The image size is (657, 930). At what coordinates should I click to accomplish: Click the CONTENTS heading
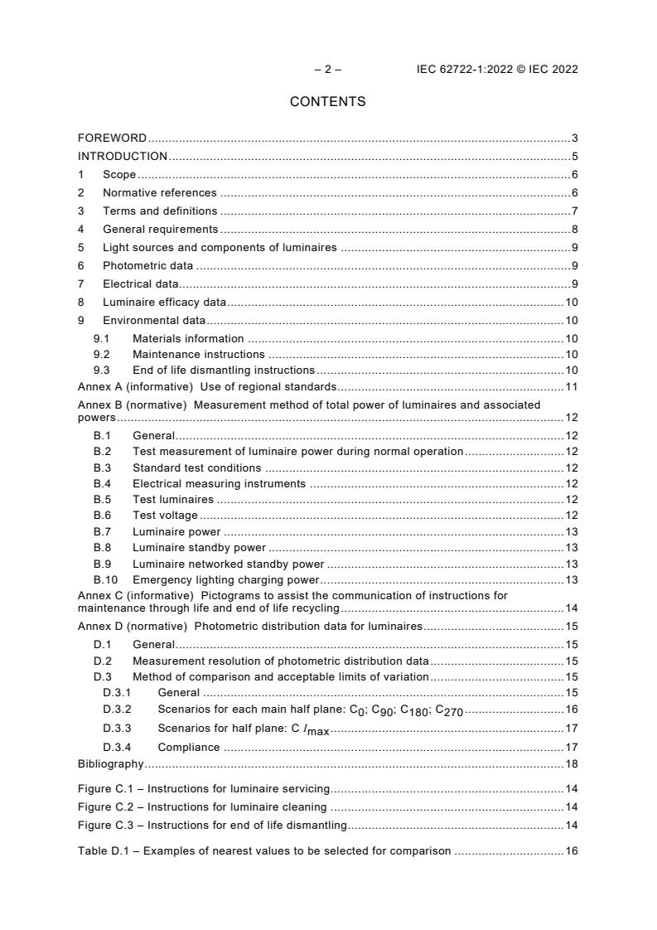pyautogui.click(x=327, y=102)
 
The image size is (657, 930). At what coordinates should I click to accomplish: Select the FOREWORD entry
pyautogui.click(x=112, y=138)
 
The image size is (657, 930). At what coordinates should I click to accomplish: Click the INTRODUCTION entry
pyautogui.click(x=123, y=156)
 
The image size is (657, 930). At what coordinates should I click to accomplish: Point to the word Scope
pyautogui.click(x=119, y=174)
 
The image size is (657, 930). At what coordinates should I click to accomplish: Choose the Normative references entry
pyautogui.click(x=159, y=192)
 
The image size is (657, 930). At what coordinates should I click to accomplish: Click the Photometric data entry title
pyautogui.click(x=147, y=265)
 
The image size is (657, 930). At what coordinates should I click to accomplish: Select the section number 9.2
pyautogui.click(x=101, y=354)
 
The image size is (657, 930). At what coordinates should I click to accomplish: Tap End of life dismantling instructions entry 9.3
pyautogui.click(x=223, y=370)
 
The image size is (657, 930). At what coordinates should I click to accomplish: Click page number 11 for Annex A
pyautogui.click(x=571, y=386)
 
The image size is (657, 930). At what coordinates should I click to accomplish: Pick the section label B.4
pyautogui.click(x=102, y=483)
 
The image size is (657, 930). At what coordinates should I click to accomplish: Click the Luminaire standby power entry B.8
pyautogui.click(x=199, y=547)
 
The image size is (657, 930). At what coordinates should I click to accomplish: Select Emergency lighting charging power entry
pyautogui.click(x=225, y=579)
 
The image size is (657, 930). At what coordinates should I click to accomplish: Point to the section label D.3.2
pyautogui.click(x=117, y=709)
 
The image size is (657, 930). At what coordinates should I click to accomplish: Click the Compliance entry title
pyautogui.click(x=188, y=747)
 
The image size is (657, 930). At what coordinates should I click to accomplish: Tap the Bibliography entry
pyautogui.click(x=110, y=763)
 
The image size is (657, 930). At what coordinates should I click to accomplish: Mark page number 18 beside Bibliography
pyautogui.click(x=571, y=763)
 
